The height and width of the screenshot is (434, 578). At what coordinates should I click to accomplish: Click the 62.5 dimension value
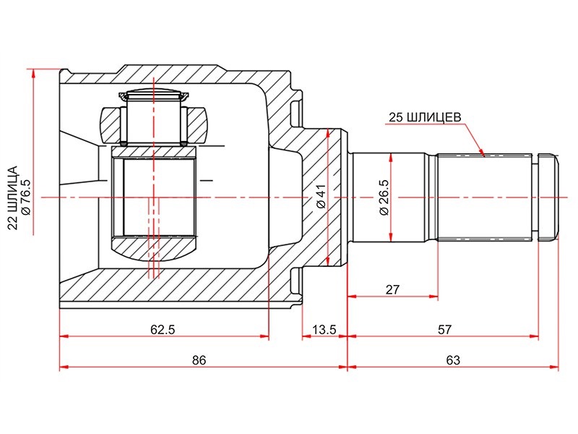click(163, 329)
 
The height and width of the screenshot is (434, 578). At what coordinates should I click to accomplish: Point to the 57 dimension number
click(444, 329)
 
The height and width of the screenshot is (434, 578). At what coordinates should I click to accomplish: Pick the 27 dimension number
click(392, 289)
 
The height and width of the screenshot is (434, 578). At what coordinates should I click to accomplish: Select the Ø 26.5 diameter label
click(384, 197)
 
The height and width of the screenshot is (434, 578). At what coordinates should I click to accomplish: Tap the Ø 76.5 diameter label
click(26, 197)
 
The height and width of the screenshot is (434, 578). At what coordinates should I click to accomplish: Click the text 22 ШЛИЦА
click(12, 197)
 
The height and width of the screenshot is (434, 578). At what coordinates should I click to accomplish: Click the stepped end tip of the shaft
click(548, 197)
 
